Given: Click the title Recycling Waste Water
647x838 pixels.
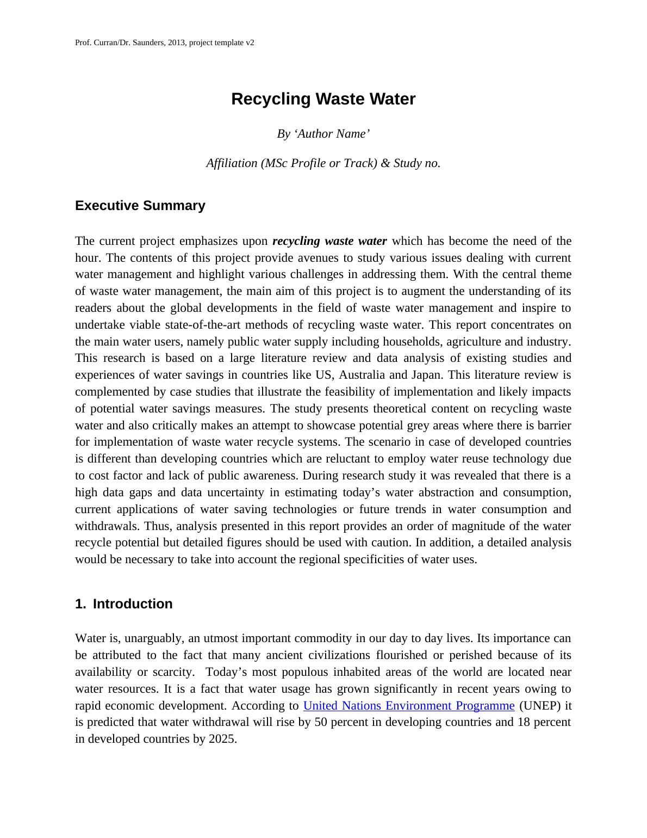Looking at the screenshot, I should click(x=323, y=99).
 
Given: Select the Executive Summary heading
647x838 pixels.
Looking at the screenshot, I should click(x=140, y=206).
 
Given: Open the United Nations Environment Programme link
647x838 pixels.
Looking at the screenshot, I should click(x=408, y=706).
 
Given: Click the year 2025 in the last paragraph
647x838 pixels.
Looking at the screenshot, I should click(x=222, y=739).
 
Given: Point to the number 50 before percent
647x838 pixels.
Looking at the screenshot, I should click(x=321, y=722).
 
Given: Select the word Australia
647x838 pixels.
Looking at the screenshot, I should click(x=362, y=375).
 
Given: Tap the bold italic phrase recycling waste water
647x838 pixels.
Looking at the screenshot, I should click(x=329, y=241).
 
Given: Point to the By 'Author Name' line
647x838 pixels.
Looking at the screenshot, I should click(x=323, y=134).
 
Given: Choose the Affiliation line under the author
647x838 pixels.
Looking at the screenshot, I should click(x=323, y=163).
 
